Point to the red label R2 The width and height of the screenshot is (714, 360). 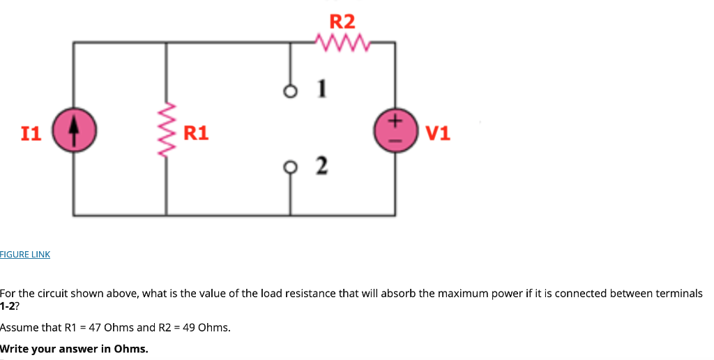tap(342, 21)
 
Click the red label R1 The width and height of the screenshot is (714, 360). tap(196, 133)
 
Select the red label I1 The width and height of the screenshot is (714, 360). tap(31, 133)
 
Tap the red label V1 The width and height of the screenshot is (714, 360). tap(438, 133)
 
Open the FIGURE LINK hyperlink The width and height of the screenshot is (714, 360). tap(25, 255)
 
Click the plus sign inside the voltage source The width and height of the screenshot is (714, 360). tap(395, 122)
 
